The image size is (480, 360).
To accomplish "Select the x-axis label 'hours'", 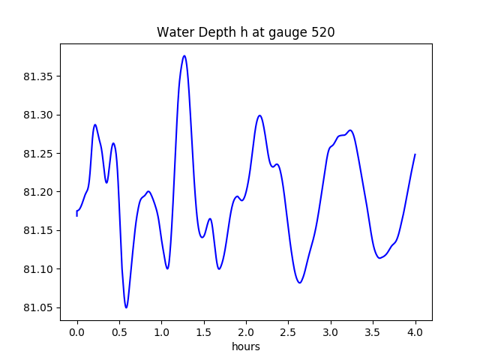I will [x=246, y=347].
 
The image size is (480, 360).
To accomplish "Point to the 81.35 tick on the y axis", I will [x=39, y=76].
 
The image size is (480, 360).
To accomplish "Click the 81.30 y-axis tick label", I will [x=39, y=115].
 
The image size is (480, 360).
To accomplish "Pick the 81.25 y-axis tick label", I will [x=39, y=154].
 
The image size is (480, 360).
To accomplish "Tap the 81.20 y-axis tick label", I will [x=39, y=192].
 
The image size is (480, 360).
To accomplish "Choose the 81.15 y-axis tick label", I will [x=39, y=231].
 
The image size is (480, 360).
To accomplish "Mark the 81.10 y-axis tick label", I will [x=39, y=269].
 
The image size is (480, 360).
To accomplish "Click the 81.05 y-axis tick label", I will [x=39, y=307].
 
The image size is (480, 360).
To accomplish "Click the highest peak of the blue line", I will [x=184, y=55].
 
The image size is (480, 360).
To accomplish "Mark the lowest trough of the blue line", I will [x=126, y=307].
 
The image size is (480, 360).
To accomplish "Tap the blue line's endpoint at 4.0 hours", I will [x=415, y=154].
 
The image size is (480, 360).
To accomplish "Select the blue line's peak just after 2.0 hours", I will [x=259, y=115].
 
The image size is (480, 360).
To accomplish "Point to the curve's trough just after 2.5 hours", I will [x=300, y=283].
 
